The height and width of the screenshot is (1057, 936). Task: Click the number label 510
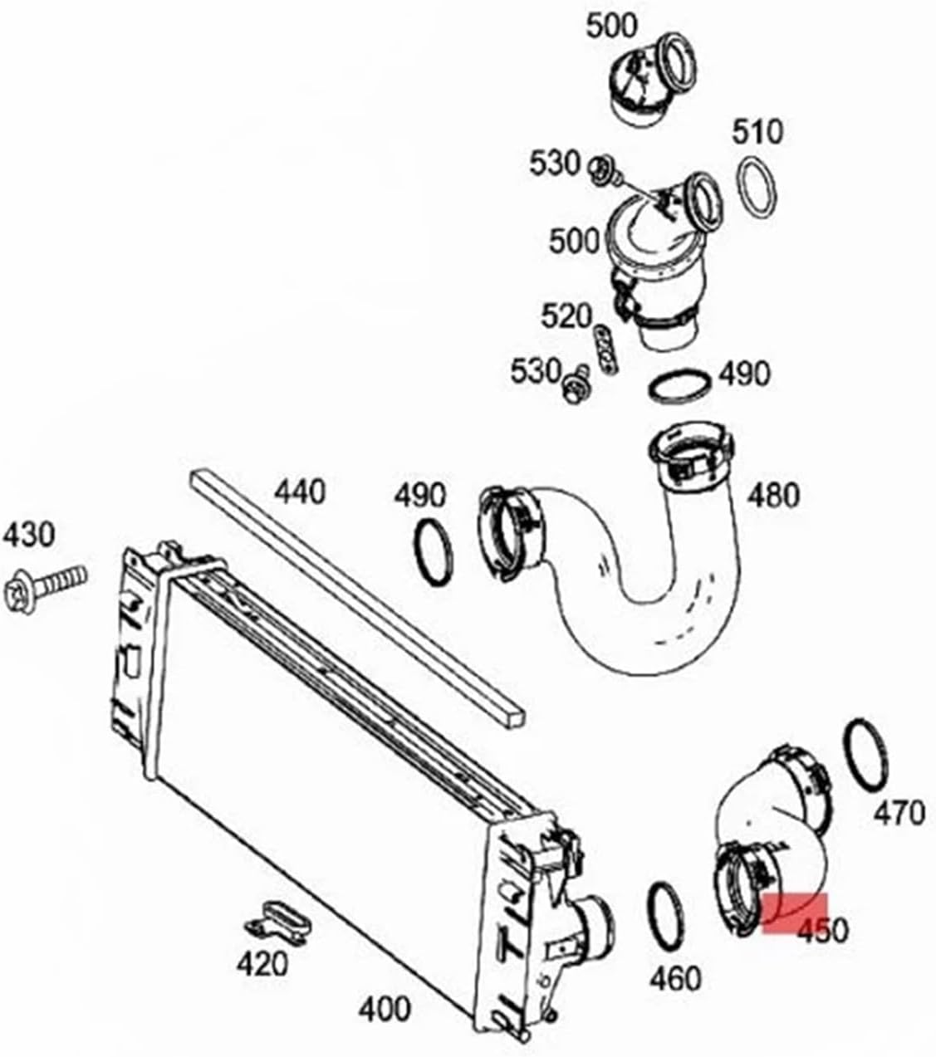tap(757, 131)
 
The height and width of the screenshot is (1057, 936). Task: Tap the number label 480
tap(773, 495)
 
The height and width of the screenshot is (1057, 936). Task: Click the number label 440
tap(300, 492)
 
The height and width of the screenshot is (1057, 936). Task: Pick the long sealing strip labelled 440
tap(357, 597)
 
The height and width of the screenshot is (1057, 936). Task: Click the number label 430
tap(29, 535)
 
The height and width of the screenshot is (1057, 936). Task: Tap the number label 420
tap(262, 964)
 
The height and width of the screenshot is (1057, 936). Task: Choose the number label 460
tap(675, 979)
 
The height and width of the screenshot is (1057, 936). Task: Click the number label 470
tap(899, 813)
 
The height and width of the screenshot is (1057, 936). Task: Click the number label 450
tap(822, 931)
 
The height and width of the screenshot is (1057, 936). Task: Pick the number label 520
tap(566, 316)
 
